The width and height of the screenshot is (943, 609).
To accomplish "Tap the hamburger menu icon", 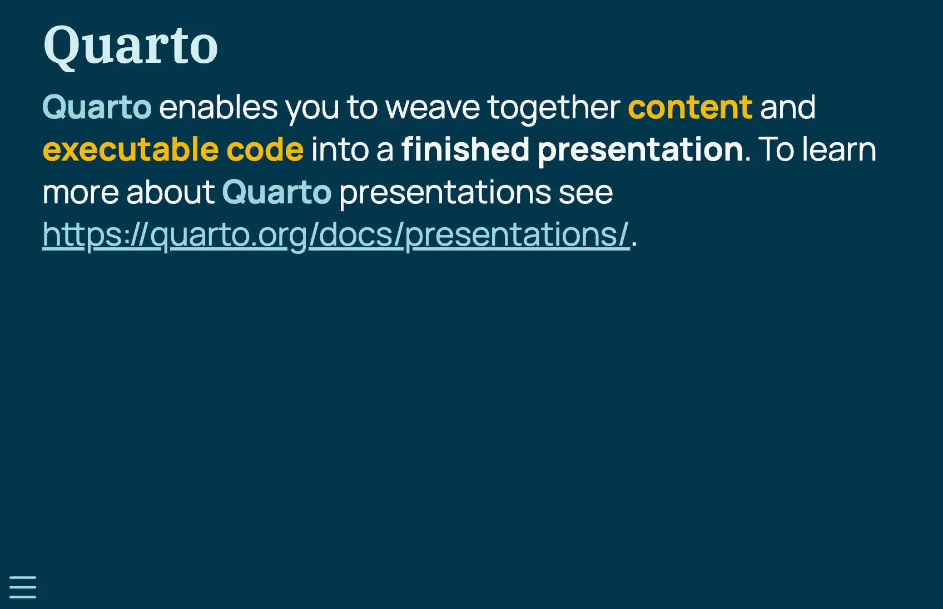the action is point(23,587).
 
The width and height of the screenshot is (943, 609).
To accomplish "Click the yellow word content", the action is point(690,108).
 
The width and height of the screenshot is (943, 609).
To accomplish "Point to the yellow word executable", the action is point(131,150).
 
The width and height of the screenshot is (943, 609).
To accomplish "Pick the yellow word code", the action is point(265,150).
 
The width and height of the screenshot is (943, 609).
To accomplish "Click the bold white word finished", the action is point(465,150).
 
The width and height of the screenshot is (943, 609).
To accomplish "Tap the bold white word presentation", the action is point(641,151).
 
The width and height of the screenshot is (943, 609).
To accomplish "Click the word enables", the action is point(219,107).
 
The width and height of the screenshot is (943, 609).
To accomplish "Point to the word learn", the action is point(839,149).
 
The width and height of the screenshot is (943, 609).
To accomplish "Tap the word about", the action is point(171,193).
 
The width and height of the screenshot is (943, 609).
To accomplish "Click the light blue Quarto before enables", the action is point(97,108).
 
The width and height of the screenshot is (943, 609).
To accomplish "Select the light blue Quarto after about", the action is point(276,193).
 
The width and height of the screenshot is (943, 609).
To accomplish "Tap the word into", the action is point(340,150).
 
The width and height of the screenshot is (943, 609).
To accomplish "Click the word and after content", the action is point(788,107).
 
